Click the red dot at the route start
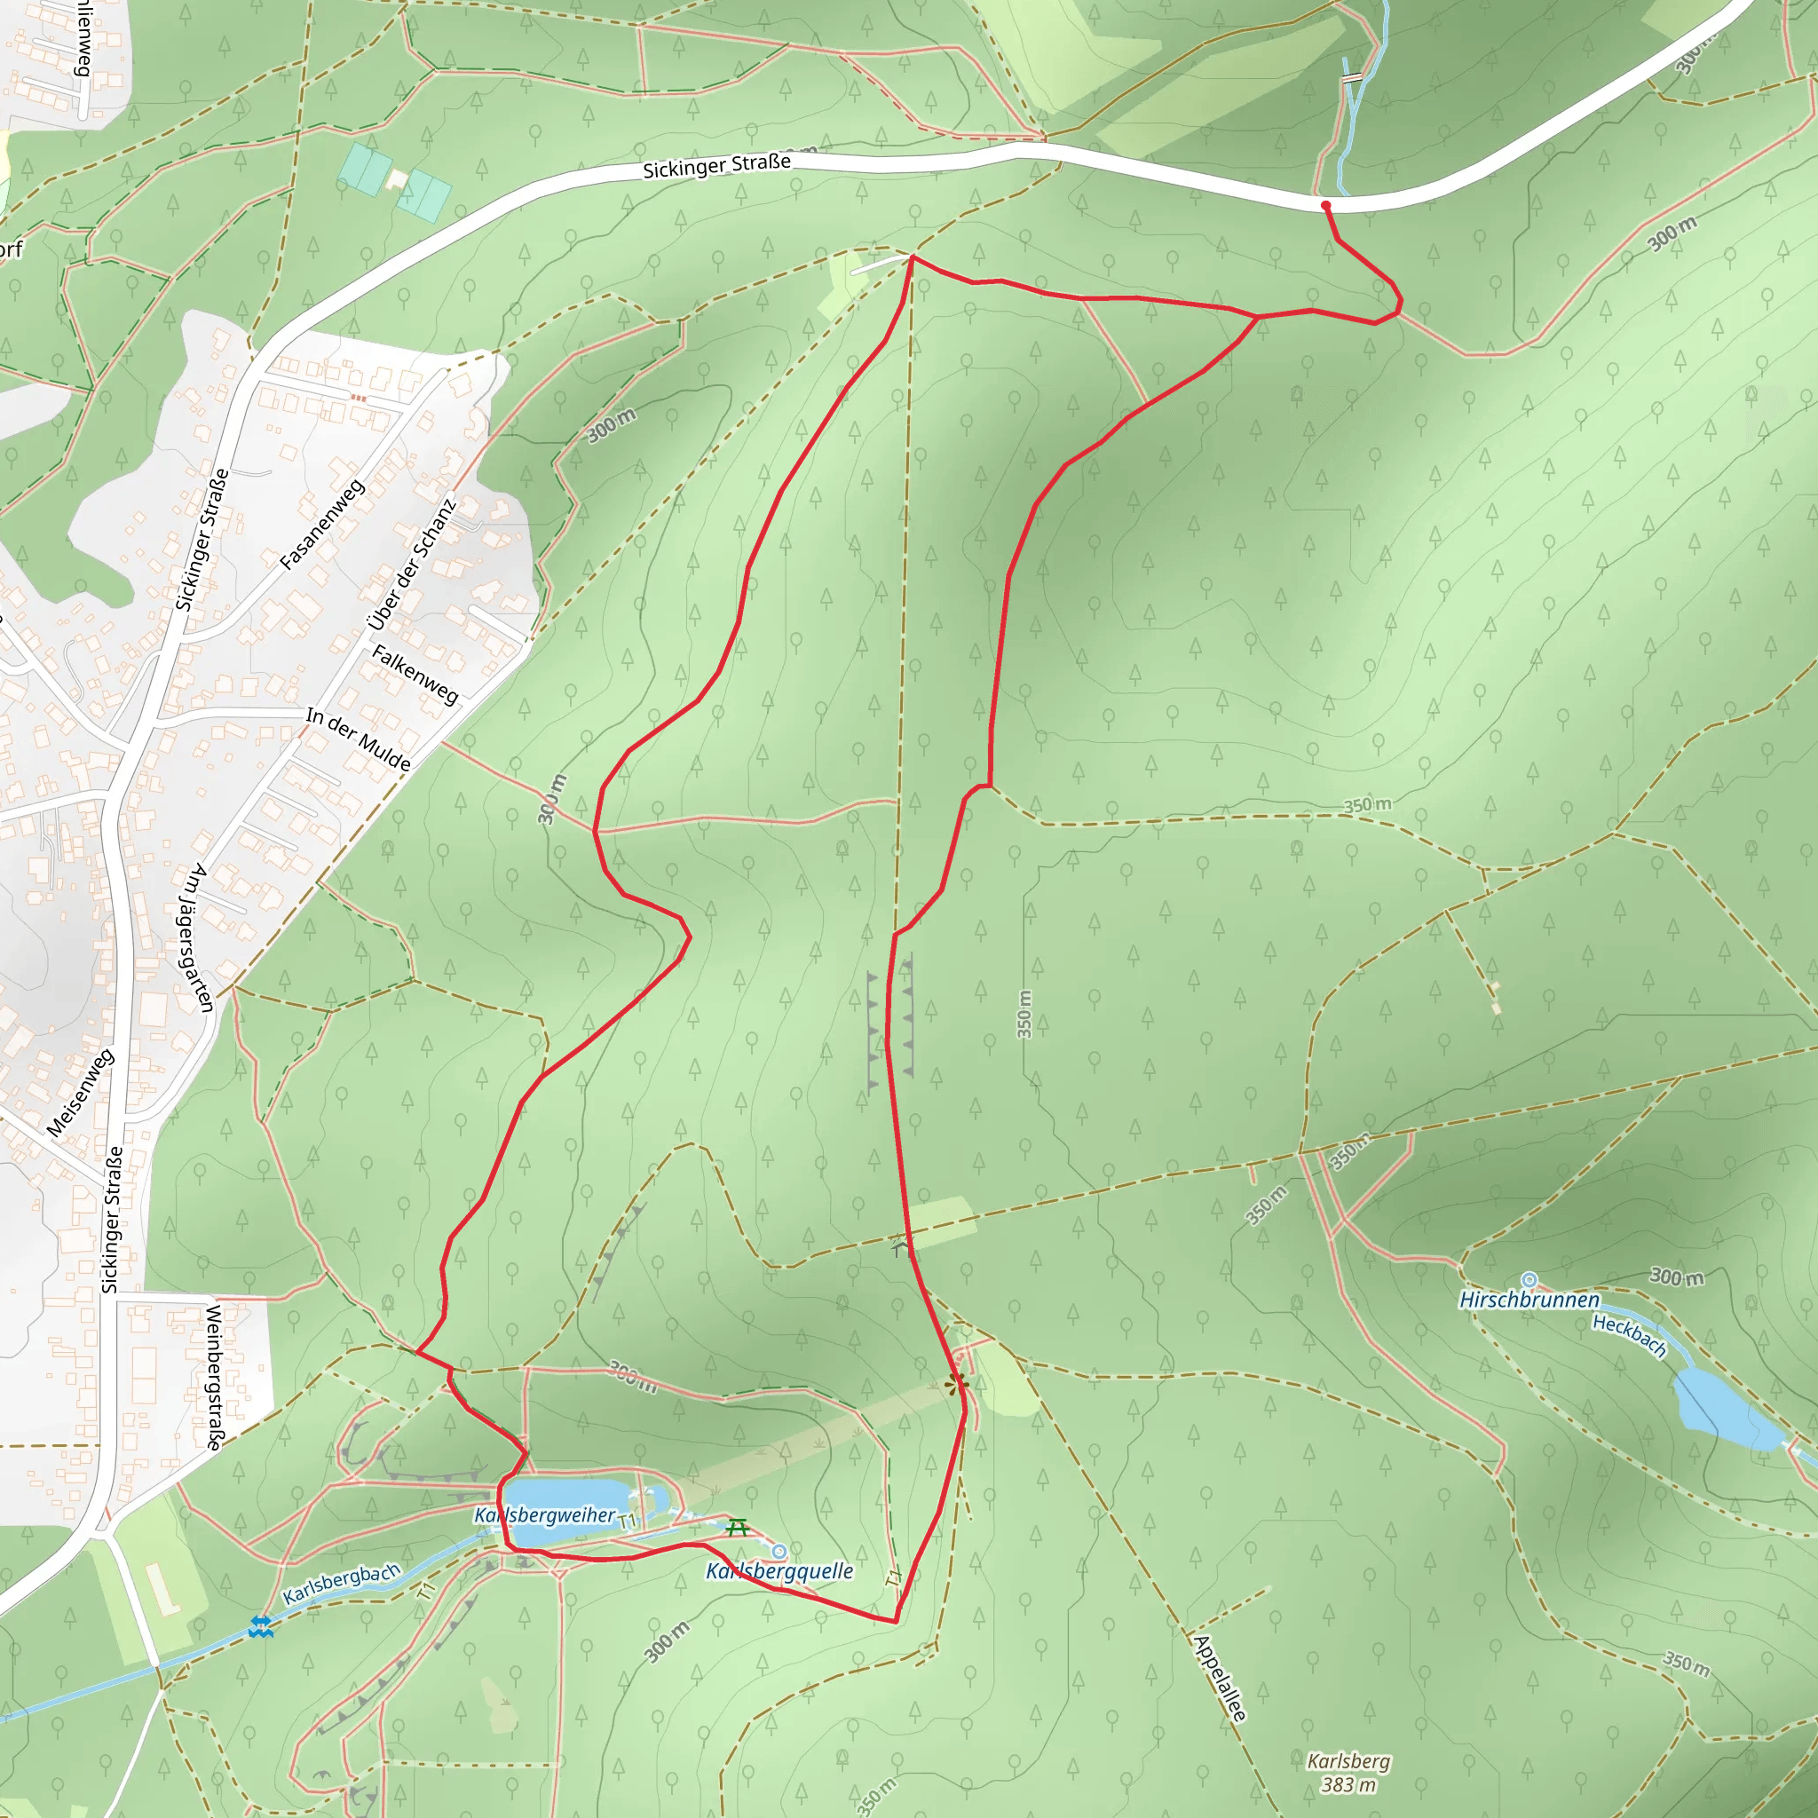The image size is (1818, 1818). coord(1325,205)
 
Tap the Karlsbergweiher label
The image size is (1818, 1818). coord(544,1515)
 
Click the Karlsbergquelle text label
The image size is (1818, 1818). coord(779,1570)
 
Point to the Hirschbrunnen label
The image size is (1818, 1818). coord(1529,1300)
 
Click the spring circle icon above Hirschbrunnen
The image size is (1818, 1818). coord(1529,1280)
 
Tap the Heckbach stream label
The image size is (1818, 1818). coord(1629,1336)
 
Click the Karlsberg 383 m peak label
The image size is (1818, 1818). coord(1348,1773)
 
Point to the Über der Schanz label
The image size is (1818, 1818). coord(411,564)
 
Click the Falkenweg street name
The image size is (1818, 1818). coord(415,675)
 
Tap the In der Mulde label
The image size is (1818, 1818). coord(359,739)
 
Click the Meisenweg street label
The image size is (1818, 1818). coord(80,1093)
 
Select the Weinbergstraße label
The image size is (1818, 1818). coord(214,1378)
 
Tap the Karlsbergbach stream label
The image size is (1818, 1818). coord(342,1584)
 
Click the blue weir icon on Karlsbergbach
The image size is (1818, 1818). coord(262,1627)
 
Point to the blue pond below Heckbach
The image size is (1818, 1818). coord(1726,1407)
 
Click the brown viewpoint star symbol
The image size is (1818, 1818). coord(956,1383)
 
